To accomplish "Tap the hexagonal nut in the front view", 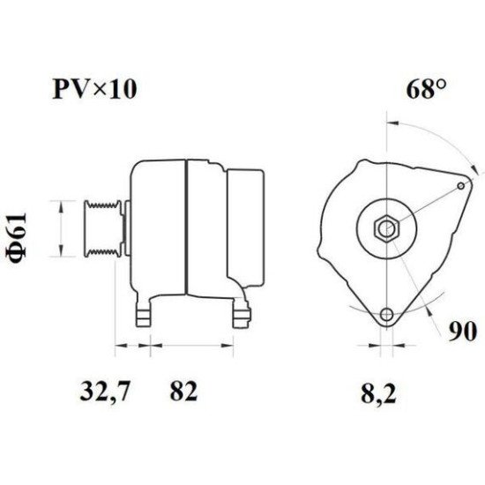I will (385, 229).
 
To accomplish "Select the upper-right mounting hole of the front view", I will (464, 185).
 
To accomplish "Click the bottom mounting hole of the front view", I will (386, 316).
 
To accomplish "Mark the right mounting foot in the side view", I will (239, 311).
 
